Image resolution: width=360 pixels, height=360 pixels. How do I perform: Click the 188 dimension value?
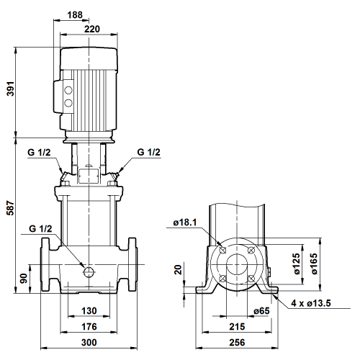tap(75, 15)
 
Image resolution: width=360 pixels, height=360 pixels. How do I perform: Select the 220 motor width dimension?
tap(92, 29)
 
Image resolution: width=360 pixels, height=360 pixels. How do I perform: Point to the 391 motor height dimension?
tap(11, 89)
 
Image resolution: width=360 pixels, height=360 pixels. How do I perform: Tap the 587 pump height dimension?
tap(11, 208)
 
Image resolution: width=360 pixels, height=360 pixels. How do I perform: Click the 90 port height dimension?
tap(24, 278)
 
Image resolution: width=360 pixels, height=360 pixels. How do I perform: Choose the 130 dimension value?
tap(89, 311)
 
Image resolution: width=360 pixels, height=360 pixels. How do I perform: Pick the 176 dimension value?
tap(89, 327)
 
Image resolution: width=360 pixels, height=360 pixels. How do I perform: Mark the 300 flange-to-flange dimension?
tap(89, 343)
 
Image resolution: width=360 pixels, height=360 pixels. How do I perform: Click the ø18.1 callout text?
tap(185, 222)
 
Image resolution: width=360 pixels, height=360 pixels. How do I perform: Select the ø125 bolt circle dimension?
tap(297, 264)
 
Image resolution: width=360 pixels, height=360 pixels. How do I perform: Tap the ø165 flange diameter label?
tap(314, 264)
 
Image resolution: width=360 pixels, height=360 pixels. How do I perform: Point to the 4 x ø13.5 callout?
tap(311, 303)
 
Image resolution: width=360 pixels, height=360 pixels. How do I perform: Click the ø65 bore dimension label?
tap(261, 311)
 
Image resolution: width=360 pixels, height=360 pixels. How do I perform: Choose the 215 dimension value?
tap(237, 327)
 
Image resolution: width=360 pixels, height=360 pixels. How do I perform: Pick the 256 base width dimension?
tap(237, 343)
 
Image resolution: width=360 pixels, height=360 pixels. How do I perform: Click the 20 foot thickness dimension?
tap(179, 269)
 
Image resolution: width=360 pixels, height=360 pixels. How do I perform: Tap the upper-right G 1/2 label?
tap(148, 152)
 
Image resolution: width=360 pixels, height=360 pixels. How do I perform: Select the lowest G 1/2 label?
tap(40, 228)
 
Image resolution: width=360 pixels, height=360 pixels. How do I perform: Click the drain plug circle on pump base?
tap(89, 271)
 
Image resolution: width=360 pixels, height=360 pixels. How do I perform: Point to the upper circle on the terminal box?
tap(68, 91)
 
